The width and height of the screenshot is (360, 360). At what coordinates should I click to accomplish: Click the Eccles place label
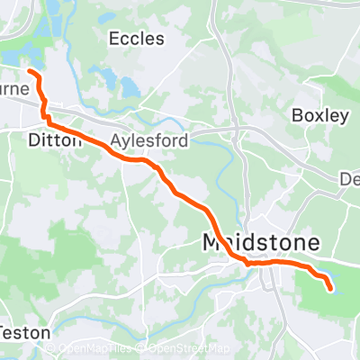[136, 38]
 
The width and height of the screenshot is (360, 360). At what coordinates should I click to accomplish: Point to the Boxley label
[320, 115]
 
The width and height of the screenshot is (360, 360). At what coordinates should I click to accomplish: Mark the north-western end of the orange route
[29, 70]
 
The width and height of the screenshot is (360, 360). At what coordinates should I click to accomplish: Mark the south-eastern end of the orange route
[330, 289]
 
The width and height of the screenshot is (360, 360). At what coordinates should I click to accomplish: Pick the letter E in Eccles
[113, 38]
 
